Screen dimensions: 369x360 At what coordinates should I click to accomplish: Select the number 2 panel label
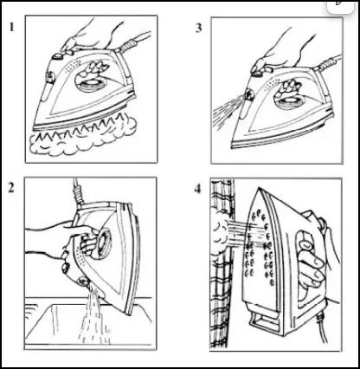(x=11, y=187)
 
